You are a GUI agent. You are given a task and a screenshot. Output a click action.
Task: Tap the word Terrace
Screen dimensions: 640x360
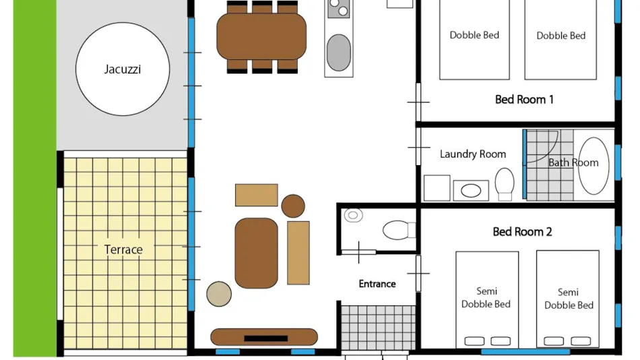123,249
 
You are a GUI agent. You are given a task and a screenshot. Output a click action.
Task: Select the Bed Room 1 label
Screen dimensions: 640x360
524,100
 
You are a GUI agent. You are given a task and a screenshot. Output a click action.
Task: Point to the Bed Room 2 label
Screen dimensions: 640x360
522,232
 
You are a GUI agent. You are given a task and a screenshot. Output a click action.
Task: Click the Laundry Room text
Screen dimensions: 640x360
473,154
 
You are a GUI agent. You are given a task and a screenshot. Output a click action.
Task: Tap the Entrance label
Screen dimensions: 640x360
377,284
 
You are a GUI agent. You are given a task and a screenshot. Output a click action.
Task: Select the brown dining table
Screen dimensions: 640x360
261,37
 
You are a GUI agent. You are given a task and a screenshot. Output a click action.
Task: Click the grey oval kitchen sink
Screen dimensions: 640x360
338,53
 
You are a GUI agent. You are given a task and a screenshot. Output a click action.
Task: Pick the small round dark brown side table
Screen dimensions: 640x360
293,206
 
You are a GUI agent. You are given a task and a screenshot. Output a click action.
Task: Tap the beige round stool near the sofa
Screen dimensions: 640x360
219,294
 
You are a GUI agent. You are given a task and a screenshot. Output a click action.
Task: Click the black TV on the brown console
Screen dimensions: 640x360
265,338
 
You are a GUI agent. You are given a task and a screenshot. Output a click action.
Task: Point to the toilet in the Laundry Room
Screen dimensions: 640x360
505,184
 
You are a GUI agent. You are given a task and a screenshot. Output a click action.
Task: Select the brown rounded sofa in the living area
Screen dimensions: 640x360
256,253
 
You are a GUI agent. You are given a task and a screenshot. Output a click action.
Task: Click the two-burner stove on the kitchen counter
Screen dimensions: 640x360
339,9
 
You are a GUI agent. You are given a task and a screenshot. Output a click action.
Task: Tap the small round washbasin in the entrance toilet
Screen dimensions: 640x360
353,215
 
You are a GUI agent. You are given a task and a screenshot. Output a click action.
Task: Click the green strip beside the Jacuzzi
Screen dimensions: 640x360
34,178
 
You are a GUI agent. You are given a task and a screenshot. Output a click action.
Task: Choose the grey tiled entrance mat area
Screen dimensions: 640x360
378,328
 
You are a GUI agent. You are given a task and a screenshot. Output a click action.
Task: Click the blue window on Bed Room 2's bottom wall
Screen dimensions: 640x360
525,351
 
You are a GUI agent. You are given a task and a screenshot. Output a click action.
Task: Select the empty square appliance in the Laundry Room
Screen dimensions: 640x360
437,188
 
